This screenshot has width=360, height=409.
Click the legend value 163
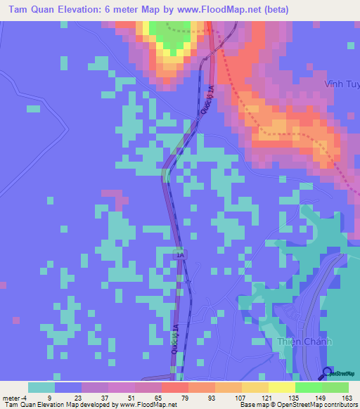[x=348, y=397]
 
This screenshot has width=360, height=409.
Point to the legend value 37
[x=108, y=397]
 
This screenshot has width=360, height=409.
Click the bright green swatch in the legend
[x=309, y=387]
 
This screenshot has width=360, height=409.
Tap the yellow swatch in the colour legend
[x=255, y=387]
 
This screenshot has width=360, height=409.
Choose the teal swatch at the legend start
[x=41, y=387]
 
